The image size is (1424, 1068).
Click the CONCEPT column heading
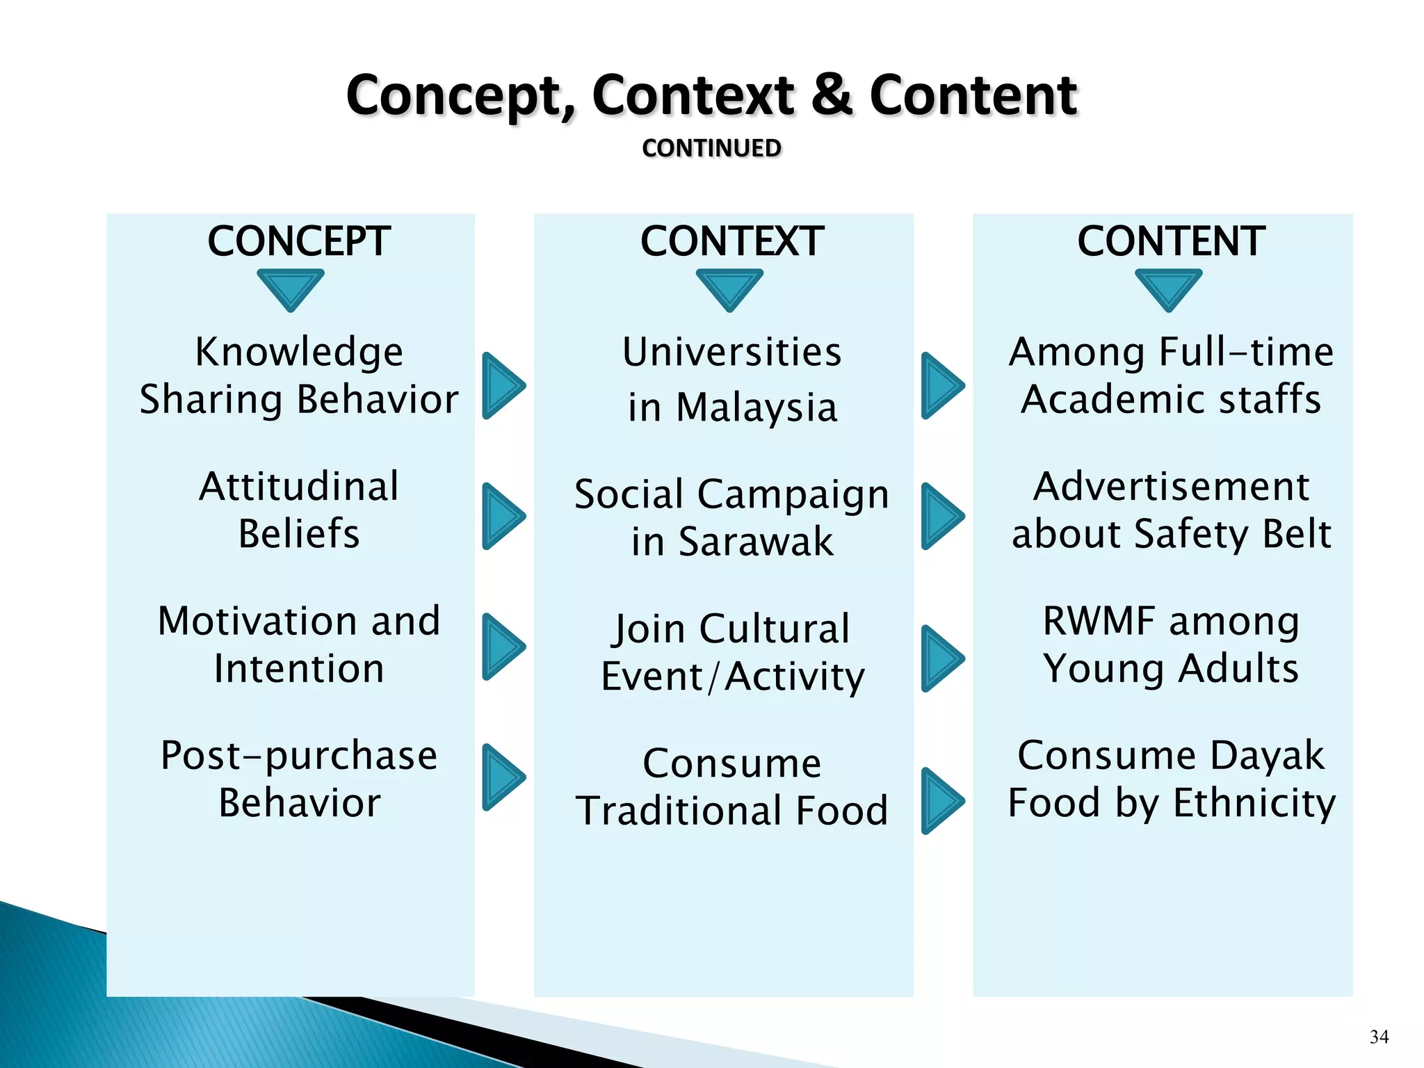point(298,241)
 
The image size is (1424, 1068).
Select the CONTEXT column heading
point(731,241)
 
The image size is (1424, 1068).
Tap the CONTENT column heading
point(1171,241)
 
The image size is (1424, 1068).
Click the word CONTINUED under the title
point(711,148)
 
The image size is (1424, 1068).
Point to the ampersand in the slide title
point(832,95)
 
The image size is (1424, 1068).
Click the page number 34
point(1379,1037)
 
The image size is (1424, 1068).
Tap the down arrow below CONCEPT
point(291,288)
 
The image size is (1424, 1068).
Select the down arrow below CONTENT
point(1168,288)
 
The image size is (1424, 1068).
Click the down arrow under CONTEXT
point(729,288)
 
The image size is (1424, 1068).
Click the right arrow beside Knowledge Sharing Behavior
point(502,386)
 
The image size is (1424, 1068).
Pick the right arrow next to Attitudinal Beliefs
point(502,516)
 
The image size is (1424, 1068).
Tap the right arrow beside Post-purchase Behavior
point(502,777)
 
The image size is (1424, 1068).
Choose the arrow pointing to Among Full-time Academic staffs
point(941,386)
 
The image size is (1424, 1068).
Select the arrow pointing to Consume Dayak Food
point(941,801)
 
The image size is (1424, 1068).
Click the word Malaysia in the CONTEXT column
point(756,407)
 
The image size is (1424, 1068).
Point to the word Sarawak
point(755,542)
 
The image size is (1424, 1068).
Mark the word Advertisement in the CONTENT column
point(1171,486)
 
